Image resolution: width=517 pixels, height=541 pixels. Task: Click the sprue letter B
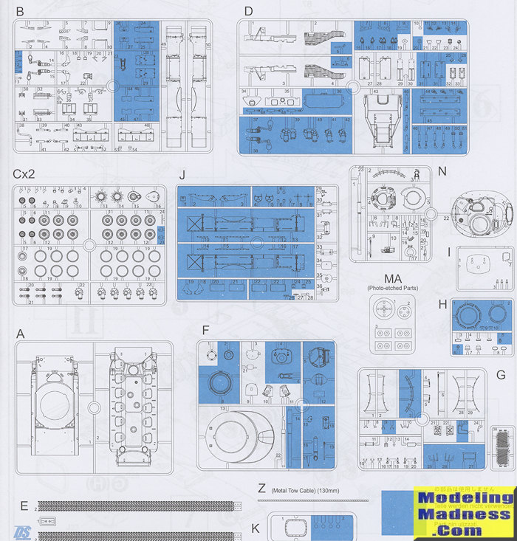19,11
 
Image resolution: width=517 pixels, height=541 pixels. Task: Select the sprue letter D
248,11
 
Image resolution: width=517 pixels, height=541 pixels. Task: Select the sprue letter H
442,304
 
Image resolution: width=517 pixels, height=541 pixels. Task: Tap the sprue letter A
20,334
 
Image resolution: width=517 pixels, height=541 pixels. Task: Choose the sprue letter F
205,330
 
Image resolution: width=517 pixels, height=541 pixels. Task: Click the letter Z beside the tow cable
262,488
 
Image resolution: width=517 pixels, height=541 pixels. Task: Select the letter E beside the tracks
24,506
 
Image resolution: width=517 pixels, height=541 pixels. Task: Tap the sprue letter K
255,528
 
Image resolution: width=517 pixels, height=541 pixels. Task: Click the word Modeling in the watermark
464,498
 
